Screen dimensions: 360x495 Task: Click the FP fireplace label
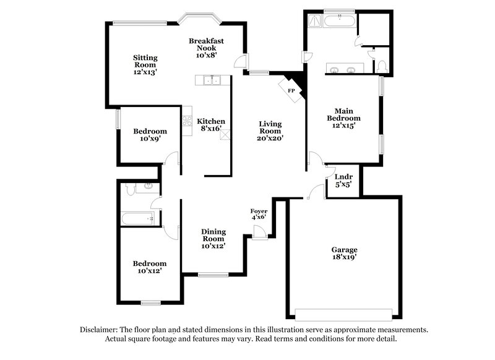click(x=291, y=90)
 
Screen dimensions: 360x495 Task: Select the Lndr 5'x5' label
click(x=343, y=180)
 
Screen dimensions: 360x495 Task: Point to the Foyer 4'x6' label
click(x=259, y=214)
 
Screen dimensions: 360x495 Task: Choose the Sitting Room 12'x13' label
click(x=145, y=64)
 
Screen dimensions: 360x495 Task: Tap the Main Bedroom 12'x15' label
click(x=343, y=118)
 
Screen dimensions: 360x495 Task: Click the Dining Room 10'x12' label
click(x=213, y=238)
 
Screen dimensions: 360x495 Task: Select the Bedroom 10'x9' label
click(x=150, y=135)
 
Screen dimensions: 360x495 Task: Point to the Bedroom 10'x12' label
click(x=150, y=267)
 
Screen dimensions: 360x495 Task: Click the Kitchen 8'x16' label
click(x=211, y=126)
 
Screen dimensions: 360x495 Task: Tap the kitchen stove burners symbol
click(x=187, y=121)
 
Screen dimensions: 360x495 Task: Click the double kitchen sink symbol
click(x=212, y=80)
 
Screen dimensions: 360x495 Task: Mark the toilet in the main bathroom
click(x=382, y=64)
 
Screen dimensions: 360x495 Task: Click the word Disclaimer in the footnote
click(x=98, y=330)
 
